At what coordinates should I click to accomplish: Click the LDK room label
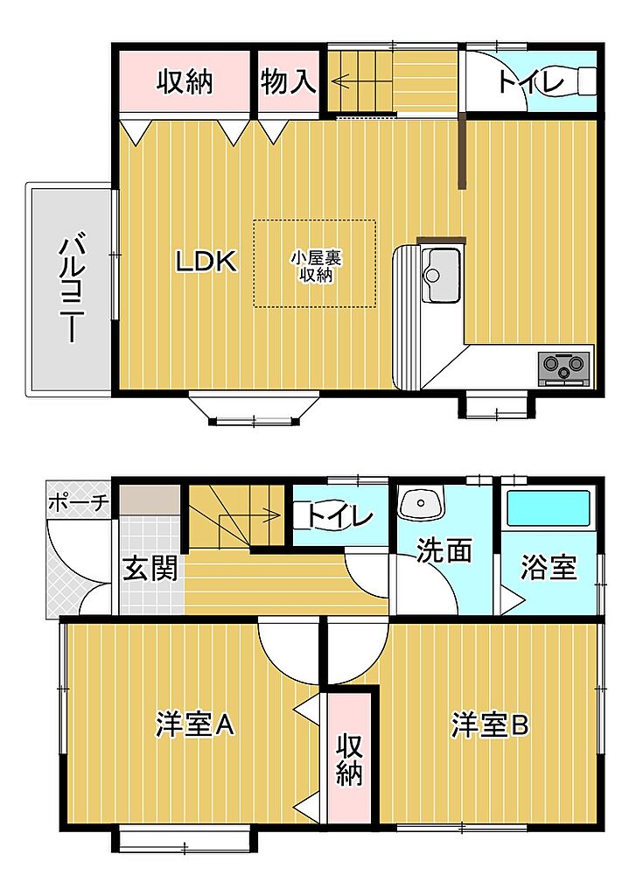[x=206, y=261]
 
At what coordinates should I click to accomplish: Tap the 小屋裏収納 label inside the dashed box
[x=316, y=267]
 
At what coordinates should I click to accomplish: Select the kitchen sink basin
[x=441, y=276]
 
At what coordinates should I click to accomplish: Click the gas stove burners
[x=564, y=366]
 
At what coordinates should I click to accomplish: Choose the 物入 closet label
[x=288, y=81]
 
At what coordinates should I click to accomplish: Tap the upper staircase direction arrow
[x=360, y=80]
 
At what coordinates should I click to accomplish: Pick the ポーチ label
[x=78, y=503]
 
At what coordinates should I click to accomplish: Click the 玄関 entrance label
[x=150, y=569]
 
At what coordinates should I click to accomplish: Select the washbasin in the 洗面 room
[x=422, y=503]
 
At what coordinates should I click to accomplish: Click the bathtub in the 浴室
[x=549, y=507]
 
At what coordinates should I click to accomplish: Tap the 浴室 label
[x=548, y=567]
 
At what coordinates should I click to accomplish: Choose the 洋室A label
[x=195, y=724]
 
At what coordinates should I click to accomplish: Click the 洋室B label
[x=490, y=724]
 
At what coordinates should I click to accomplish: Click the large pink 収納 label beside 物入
[x=185, y=81]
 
